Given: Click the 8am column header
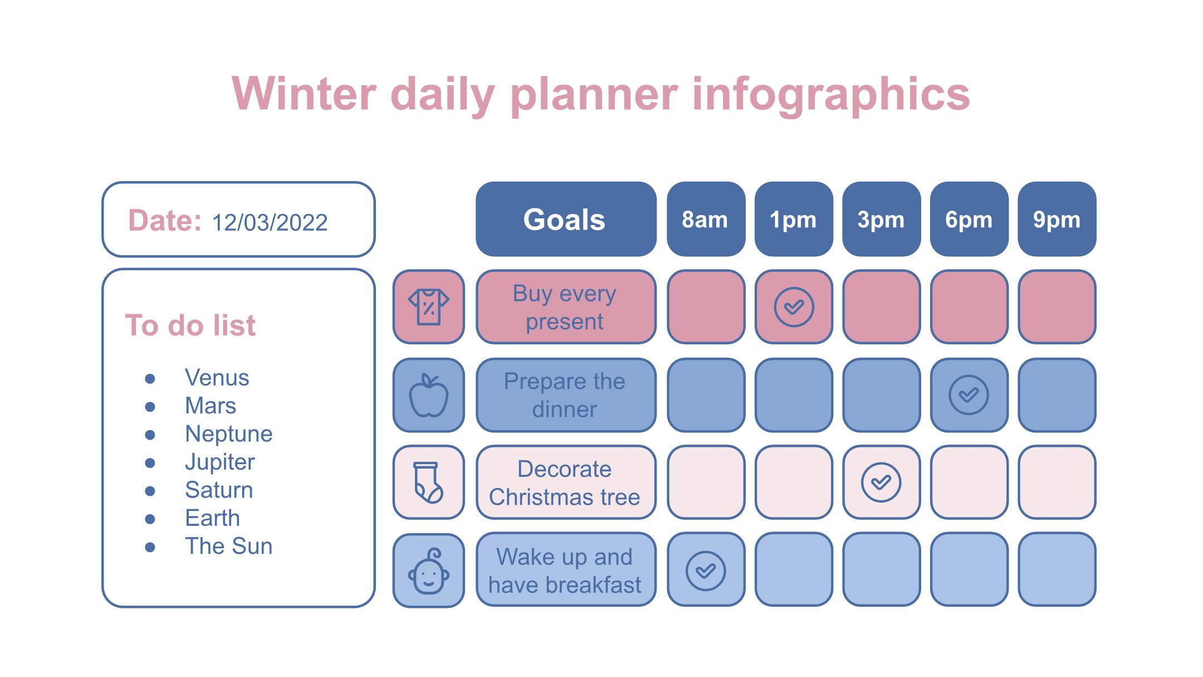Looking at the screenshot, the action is [706, 219].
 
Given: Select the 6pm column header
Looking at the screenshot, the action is [969, 219].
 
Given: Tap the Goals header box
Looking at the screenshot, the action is [566, 219].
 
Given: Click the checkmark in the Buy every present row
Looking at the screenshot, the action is [794, 307].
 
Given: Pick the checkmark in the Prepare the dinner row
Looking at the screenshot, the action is [969, 395].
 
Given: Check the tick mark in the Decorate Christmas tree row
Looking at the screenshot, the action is [881, 482].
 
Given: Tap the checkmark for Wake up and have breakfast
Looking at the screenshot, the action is [706, 570].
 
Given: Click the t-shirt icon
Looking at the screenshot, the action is [428, 306].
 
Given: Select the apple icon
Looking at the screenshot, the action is [428, 395].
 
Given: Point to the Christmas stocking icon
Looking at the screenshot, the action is [428, 483].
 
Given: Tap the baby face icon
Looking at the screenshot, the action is [428, 571].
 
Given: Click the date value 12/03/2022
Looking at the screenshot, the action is [270, 222].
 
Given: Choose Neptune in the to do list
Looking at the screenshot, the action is [228, 434].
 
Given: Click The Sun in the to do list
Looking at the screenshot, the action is [228, 546].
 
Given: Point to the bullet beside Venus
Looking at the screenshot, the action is [150, 379].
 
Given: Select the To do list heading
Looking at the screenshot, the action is [190, 325].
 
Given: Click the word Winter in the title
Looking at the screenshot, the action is [304, 94].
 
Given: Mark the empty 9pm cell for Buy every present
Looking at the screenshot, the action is [1057, 307].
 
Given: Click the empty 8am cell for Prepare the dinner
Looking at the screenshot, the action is [706, 395].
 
